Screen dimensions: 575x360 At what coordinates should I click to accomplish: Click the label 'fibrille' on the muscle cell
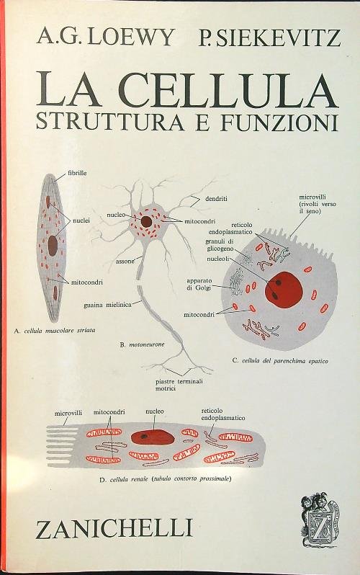[x=78, y=174]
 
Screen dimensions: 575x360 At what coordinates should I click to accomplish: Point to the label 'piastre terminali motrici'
[x=178, y=385]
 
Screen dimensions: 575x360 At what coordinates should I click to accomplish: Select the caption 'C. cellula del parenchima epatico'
[x=275, y=359]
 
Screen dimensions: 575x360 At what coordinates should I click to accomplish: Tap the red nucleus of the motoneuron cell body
[x=147, y=221]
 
